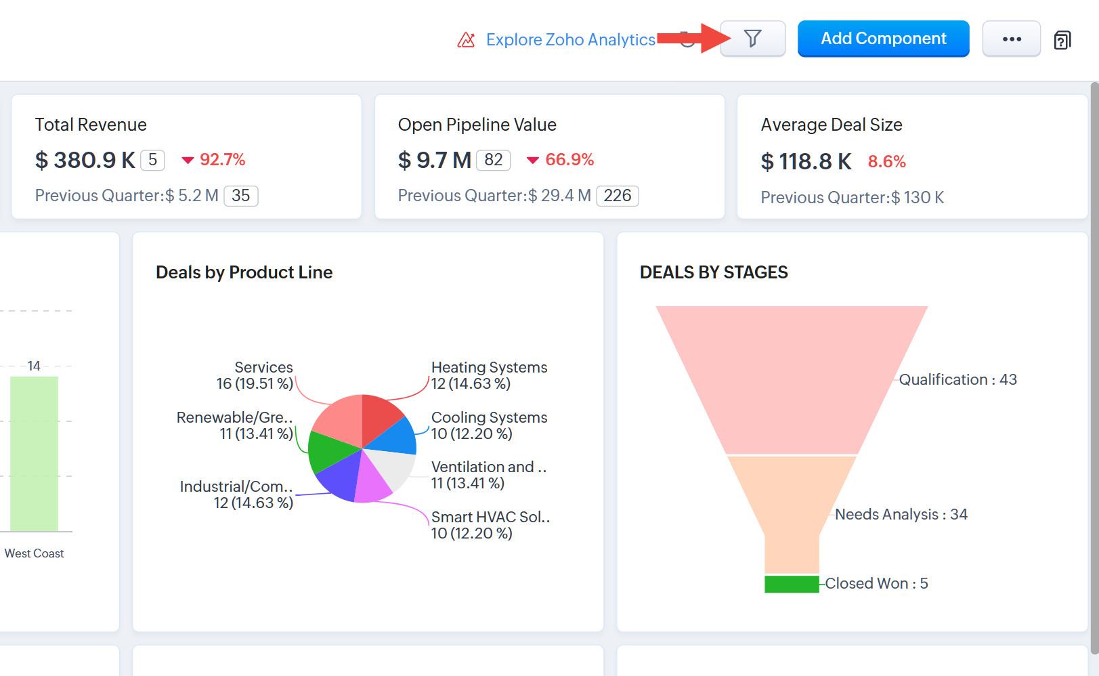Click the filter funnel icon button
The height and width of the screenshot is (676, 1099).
point(752,39)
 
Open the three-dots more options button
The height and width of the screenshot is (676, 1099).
point(1011,39)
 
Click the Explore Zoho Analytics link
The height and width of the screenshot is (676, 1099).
point(570,40)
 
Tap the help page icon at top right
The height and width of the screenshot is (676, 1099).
point(1062,41)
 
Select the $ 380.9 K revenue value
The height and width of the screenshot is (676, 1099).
point(85,161)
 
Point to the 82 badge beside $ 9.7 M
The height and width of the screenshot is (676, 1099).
point(493,160)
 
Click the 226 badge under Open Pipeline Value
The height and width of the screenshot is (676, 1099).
point(617,196)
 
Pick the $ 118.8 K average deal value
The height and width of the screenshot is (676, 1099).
point(806,162)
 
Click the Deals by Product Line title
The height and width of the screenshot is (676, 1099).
point(244,272)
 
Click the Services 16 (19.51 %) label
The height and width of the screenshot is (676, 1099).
point(255,375)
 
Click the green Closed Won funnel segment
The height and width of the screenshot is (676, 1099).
point(792,584)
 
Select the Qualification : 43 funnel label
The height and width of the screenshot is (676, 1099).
point(957,380)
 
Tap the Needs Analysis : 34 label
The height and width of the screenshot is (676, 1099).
point(901,515)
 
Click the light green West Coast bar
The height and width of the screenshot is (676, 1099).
point(34,454)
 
